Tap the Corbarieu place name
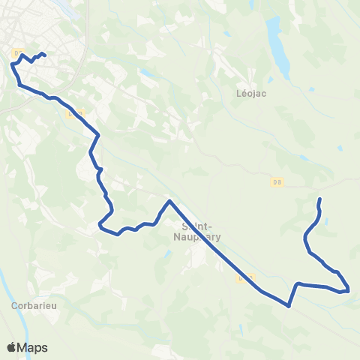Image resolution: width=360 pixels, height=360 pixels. click(x=30, y=306)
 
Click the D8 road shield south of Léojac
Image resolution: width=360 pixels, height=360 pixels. click(x=277, y=181)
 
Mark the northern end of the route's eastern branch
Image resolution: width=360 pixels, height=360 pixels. click(x=320, y=199)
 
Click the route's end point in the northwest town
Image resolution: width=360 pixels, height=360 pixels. click(x=46, y=55)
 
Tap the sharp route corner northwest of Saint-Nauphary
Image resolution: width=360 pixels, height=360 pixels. click(x=169, y=201)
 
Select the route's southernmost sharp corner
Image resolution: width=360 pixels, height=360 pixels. click(x=289, y=305)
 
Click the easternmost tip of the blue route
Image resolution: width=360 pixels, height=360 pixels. click(x=349, y=289)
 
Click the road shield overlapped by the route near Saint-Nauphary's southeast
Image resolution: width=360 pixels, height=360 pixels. click(x=242, y=278)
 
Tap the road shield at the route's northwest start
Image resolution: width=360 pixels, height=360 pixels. click(x=19, y=52)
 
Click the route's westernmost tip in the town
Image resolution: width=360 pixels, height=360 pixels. click(x=12, y=64)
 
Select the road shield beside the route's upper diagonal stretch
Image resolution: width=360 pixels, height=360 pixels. click(x=71, y=114)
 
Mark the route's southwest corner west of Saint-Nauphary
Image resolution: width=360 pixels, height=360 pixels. click(x=100, y=224)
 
